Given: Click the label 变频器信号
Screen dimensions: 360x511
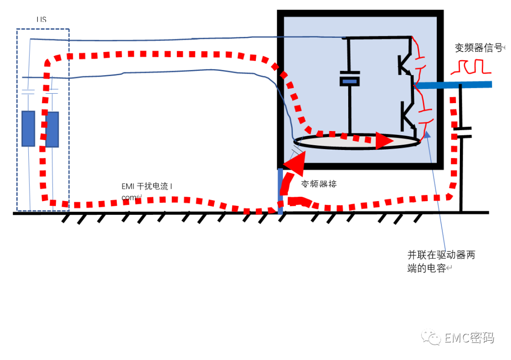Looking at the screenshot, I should (x=478, y=48).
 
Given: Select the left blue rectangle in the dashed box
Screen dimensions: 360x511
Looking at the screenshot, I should (x=28, y=128).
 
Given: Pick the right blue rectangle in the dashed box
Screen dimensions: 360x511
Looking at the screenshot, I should (x=52, y=129).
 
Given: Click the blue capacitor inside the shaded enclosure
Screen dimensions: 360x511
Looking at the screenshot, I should (x=350, y=81).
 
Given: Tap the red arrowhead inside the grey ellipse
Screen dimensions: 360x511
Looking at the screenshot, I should (x=384, y=141).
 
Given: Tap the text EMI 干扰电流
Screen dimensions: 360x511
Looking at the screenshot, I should (x=147, y=186).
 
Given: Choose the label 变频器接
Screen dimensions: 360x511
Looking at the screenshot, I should (x=319, y=184).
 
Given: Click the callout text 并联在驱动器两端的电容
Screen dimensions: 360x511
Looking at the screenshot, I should (x=441, y=261).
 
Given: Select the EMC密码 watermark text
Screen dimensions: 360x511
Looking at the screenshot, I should (x=469, y=338).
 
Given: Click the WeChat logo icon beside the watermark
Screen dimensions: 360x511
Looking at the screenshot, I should (x=432, y=337).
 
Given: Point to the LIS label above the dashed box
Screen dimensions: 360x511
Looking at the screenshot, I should (x=42, y=20).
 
